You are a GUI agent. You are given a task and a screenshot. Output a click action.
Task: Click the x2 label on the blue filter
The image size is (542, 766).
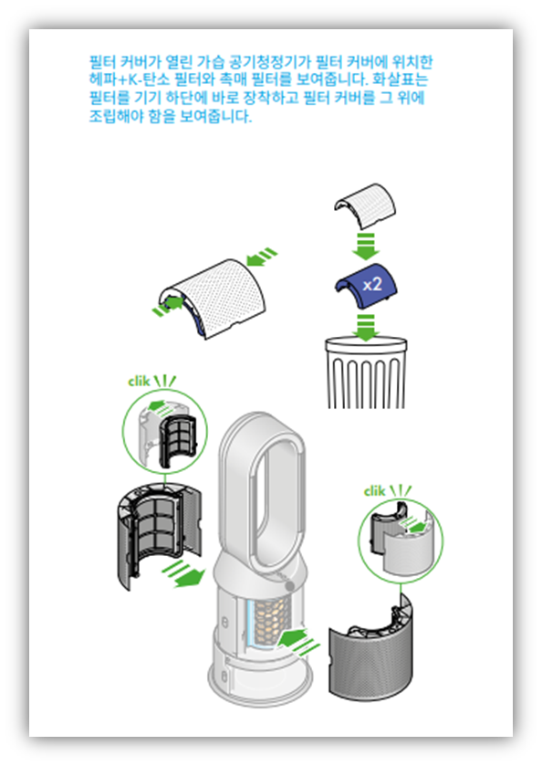coord(372,284)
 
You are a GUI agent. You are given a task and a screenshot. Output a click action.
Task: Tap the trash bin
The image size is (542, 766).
coord(366,373)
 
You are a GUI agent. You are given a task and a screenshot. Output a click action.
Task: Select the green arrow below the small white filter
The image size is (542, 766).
coord(366,246)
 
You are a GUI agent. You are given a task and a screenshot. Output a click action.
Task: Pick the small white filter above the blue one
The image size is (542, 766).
coord(365,205)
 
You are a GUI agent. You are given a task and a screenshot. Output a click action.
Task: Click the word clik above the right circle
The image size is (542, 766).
coord(374,490)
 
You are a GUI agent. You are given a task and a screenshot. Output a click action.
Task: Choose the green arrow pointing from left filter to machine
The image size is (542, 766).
coord(183,573)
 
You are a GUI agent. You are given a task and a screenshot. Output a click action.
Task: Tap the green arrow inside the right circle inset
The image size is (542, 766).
coord(413,527)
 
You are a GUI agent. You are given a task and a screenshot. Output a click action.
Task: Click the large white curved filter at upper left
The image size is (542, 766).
coord(213,298)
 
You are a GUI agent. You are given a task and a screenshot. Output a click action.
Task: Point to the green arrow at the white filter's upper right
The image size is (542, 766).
coord(262,256)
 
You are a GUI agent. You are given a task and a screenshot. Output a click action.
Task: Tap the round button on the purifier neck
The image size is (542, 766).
coord(290,585)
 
